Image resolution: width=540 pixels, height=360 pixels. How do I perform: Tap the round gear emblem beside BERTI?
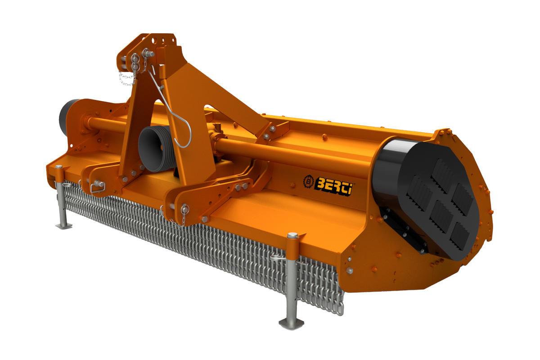click(308, 181)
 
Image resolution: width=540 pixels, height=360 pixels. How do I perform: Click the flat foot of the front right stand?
click(291, 323)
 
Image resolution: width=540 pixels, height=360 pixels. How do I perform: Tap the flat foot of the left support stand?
click(64, 226)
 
